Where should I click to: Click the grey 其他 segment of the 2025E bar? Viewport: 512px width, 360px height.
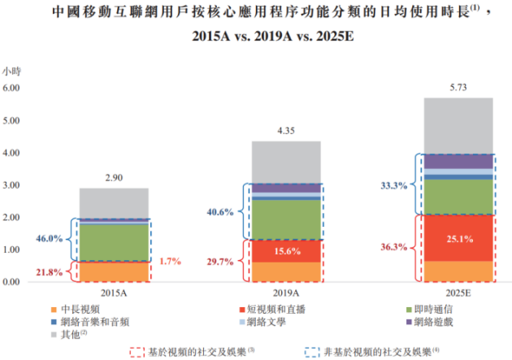tap(458, 126)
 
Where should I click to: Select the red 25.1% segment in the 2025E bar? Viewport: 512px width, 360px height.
tap(458, 238)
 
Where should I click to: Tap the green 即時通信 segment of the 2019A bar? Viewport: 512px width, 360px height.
tap(286, 219)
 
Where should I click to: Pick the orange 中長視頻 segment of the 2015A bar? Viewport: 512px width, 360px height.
tap(114, 271)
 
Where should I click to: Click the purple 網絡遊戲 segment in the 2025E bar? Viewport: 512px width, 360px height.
tap(458, 162)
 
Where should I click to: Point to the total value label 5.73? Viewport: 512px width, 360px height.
tap(458, 88)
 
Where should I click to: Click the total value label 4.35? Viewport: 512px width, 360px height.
tap(286, 131)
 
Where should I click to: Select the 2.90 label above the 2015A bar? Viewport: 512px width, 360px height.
tap(114, 178)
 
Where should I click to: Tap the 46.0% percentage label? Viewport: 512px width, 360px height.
tap(50, 239)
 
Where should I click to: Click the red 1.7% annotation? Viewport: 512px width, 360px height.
tap(170, 261)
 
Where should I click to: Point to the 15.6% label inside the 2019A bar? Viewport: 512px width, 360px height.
tap(288, 251)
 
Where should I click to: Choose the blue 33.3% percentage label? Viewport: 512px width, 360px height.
tap(394, 186)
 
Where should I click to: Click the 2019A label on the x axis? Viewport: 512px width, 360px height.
tap(286, 293)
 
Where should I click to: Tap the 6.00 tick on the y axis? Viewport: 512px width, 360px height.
tap(11, 88)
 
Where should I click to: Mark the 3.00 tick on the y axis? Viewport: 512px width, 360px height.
tap(11, 185)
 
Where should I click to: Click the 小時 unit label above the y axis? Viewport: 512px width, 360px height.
tap(11, 72)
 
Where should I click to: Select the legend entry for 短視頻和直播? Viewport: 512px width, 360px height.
tap(272, 309)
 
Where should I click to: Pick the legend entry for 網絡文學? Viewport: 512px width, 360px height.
tap(263, 322)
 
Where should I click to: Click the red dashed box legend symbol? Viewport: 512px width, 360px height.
tap(137, 352)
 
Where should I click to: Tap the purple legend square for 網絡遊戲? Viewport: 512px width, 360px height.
tap(409, 322)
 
